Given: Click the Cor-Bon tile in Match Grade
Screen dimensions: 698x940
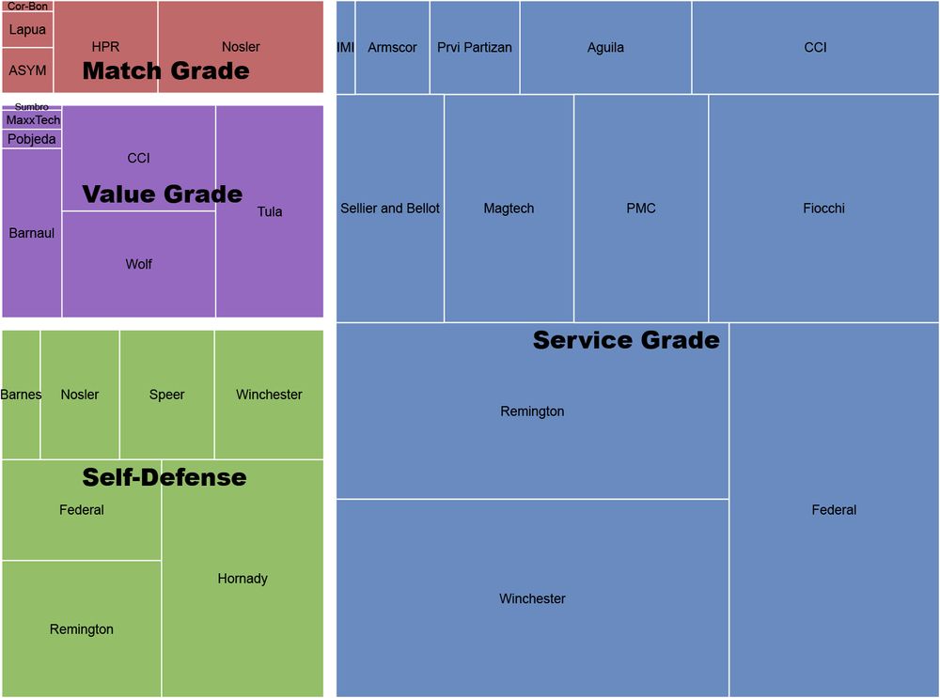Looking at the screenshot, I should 27,7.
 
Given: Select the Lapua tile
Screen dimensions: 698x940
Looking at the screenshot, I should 27,30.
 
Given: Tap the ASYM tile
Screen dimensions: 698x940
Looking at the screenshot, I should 27,70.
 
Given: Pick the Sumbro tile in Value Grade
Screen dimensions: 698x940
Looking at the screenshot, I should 31,107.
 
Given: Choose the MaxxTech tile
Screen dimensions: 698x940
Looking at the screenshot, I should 32,120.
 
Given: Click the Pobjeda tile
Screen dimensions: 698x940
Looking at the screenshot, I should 32,139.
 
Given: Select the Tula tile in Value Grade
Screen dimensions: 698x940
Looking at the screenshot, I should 270,211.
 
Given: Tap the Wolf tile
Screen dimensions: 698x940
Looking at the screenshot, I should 139,264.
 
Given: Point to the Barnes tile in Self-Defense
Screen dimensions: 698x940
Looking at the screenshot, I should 21,395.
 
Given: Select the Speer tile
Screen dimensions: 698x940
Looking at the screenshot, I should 166,395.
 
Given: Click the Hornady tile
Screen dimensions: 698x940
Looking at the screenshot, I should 243,579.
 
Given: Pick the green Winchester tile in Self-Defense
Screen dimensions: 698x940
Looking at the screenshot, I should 269,395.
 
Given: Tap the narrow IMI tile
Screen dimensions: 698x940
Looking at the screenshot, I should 346,47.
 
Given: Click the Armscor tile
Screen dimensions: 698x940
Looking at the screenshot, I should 392,47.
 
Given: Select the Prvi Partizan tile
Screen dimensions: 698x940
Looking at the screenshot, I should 475,47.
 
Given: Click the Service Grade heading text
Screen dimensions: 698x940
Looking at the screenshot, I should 626,340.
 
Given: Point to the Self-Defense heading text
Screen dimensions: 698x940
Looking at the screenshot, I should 164,477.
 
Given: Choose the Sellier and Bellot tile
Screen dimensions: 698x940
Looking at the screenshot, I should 390,209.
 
